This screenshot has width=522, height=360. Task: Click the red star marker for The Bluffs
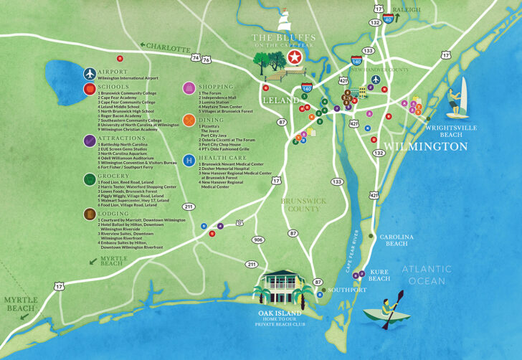click(293, 58)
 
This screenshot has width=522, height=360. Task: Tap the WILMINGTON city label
click(426, 146)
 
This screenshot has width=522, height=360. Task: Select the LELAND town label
click(279, 100)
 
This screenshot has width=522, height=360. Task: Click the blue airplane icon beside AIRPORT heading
click(89, 73)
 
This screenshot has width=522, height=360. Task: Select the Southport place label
click(348, 290)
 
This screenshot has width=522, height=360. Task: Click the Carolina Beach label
click(397, 240)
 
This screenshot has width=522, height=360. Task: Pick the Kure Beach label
click(379, 275)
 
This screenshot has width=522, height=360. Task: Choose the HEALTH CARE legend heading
click(224, 158)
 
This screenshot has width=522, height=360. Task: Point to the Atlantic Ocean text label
click(427, 275)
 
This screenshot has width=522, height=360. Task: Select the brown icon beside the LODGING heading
click(89, 214)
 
